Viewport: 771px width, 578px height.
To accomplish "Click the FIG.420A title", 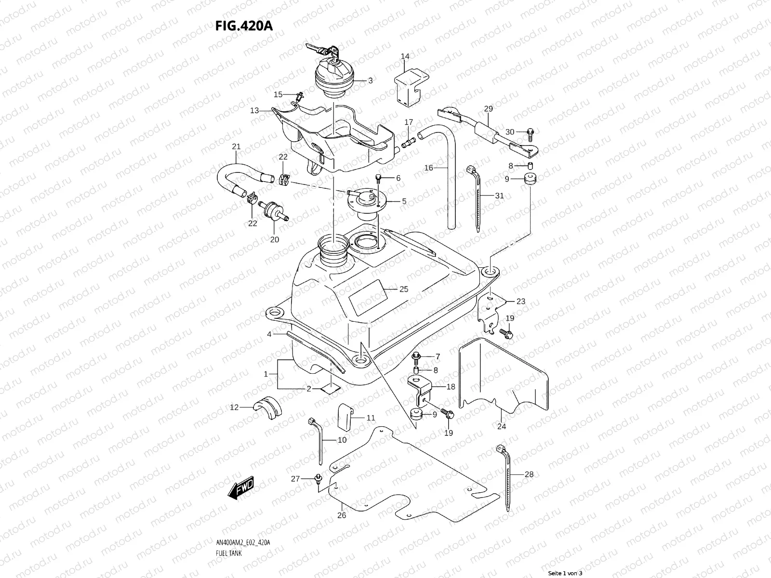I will coord(244,26).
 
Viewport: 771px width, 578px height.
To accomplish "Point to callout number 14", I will coord(405,57).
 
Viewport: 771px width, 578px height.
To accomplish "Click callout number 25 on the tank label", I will coord(404,289).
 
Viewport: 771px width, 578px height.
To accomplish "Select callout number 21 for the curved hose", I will coord(236,146).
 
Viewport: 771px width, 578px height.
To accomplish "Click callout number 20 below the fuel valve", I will coord(275,239).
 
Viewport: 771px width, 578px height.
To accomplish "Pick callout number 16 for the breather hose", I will coord(429,168).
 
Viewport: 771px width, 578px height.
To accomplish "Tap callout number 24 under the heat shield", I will coord(501,426).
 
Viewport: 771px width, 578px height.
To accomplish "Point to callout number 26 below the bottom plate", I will coord(342,515).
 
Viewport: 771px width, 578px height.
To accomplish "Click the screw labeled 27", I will coord(318,478).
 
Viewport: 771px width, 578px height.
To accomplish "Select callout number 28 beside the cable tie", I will coord(529,474).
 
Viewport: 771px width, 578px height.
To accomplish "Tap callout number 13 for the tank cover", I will coord(254,111).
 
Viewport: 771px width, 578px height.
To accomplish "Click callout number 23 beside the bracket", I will coord(520,302).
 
